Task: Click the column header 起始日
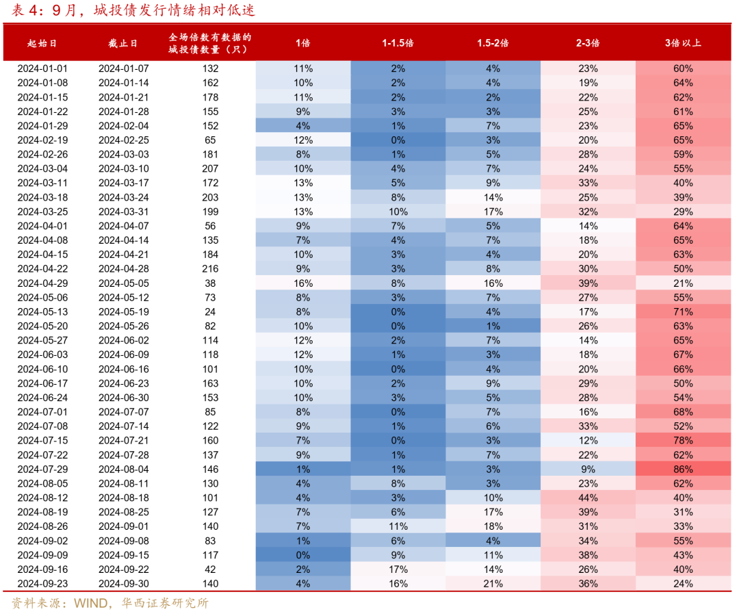[42, 43]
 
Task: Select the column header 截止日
[123, 43]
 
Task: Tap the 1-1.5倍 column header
[398, 43]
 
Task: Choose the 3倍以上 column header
[683, 43]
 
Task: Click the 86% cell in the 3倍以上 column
[683, 470]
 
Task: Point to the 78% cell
[683, 441]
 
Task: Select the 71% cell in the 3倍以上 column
[683, 312]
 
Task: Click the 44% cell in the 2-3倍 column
[588, 498]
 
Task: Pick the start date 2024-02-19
[42, 140]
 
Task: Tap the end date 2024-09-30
[123, 584]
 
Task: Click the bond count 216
[210, 269]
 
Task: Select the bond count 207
[210, 169]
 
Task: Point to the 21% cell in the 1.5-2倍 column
[493, 584]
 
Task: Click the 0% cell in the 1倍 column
[303, 555]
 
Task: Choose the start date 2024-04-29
[42, 284]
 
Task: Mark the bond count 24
[210, 312]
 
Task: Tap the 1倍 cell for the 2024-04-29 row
[303, 284]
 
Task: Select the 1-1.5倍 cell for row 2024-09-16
[398, 570]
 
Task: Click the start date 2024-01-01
[42, 69]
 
